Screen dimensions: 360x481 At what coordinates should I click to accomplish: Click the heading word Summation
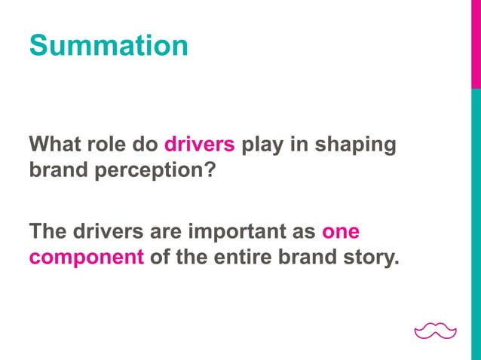tap(109, 45)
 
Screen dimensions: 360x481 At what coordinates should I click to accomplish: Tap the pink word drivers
tap(200, 144)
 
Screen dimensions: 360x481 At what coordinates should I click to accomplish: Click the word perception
tap(149, 171)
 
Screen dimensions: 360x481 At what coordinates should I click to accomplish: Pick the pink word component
tap(87, 258)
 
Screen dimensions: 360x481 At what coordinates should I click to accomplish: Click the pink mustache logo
tap(436, 330)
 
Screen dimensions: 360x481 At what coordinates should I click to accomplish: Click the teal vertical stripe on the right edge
tap(476, 226)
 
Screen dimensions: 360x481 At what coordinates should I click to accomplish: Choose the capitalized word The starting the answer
tap(47, 230)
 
